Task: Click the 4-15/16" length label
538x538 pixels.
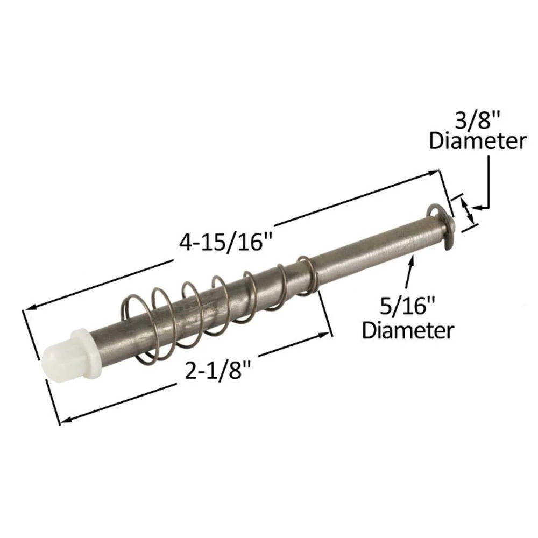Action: (225, 242)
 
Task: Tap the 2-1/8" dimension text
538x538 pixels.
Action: (218, 370)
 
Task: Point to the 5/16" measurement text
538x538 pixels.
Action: (407, 306)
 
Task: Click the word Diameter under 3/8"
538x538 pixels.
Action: (478, 141)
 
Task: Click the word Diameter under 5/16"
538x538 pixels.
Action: (408, 330)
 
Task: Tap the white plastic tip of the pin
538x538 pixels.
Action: (70, 353)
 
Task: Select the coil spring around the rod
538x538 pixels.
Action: (220, 308)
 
